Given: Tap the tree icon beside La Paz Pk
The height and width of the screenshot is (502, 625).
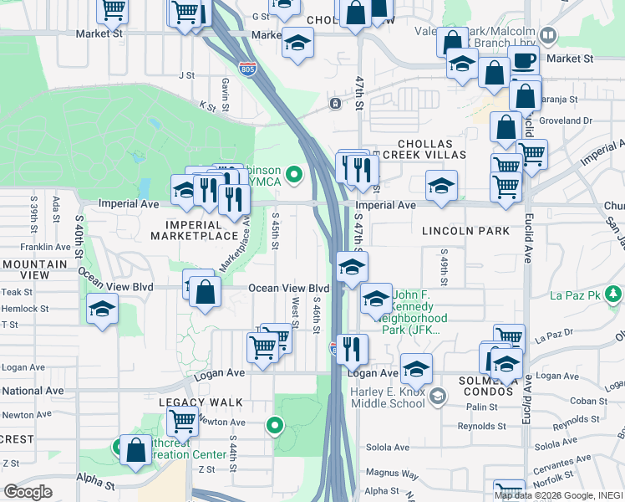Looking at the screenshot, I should pos(614,294).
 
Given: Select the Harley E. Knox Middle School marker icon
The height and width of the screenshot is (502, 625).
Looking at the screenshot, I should pos(437,395).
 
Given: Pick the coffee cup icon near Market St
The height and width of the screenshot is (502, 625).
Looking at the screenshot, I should pos(524,59).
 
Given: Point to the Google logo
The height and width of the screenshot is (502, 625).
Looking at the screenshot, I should pos(28,492).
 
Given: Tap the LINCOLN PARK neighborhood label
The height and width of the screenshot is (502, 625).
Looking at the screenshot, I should pos(465,230).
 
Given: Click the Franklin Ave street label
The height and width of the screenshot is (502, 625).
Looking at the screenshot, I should pos(46,247).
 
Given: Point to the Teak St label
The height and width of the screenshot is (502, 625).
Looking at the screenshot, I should pos(17,292).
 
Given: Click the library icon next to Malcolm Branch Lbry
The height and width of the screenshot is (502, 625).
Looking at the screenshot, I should pos(548,36).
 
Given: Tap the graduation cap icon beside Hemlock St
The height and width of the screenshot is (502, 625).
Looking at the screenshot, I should pos(102,309).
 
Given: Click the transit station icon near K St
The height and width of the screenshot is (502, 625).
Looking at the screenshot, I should pos(335,104).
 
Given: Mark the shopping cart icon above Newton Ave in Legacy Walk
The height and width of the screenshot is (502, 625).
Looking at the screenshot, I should pos(182,420).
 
